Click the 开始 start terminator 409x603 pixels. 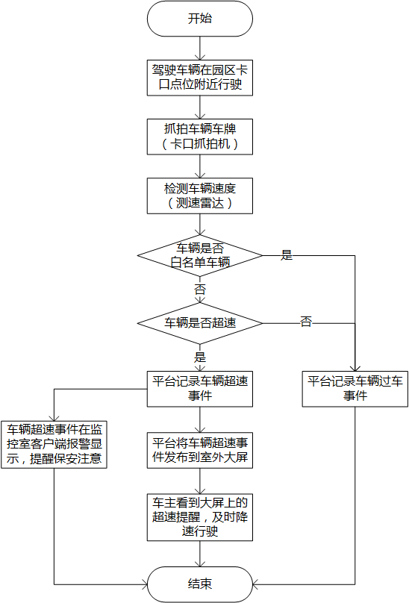coord(199,19)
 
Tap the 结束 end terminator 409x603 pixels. coord(199,583)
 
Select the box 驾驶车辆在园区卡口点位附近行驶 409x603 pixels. coord(199,77)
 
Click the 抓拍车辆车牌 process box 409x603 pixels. coord(199,136)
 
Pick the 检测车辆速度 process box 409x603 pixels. coord(199,194)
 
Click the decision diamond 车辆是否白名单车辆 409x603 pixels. coord(199,255)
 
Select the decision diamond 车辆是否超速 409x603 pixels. coord(199,323)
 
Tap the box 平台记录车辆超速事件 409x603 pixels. coord(199,388)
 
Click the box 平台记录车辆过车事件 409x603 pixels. coord(355,388)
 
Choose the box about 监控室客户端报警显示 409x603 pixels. coord(54,444)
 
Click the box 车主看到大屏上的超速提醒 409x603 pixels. coord(199,516)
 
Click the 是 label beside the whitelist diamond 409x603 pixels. coord(286,255)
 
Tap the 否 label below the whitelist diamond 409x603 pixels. coord(199,290)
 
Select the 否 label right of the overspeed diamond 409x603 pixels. coord(305,322)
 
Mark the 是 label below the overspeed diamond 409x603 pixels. coord(199,357)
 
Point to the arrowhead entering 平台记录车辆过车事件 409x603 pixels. coord(355,366)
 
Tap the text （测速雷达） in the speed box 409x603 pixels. coord(199,202)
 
